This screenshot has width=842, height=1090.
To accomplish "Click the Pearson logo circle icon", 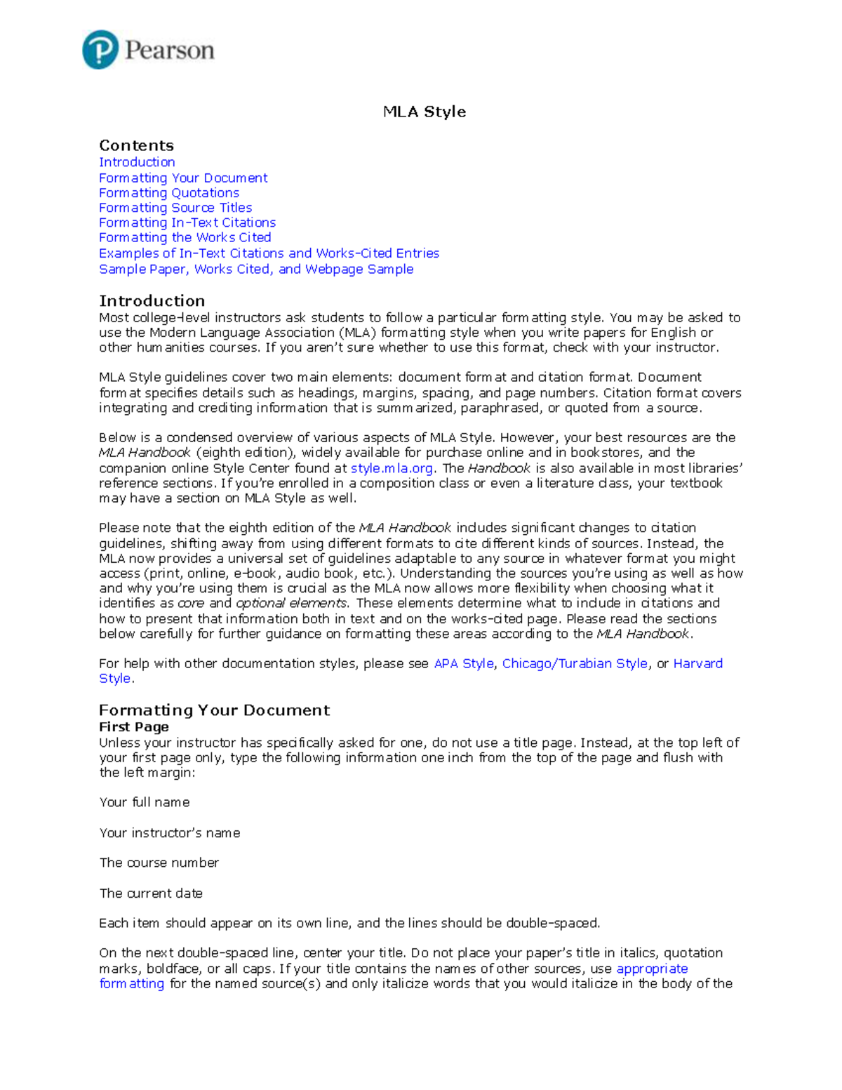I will point(100,50).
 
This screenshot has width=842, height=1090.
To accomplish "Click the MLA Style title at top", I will point(424,112).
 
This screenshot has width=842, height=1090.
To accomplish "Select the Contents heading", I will point(136,145).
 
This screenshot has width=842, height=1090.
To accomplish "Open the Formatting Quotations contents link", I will point(168,193).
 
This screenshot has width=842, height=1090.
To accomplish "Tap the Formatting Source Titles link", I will point(175,208).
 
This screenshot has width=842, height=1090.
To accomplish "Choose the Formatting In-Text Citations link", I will point(187,222).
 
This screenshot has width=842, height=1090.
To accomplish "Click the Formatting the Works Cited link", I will point(185,237).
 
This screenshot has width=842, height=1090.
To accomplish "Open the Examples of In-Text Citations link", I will point(269,253).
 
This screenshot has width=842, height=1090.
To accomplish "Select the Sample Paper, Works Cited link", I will point(255,269).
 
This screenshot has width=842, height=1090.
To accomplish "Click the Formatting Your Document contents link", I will point(182,178).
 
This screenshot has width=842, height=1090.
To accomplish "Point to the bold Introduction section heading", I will point(152,301).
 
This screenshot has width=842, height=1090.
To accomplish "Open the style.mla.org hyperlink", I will point(391,468).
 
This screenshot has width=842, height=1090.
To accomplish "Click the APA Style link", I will point(463,663).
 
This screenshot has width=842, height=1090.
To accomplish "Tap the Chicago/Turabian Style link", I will point(574,663).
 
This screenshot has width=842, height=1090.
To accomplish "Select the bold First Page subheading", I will point(133,727).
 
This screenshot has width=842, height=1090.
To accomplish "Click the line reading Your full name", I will point(144,802).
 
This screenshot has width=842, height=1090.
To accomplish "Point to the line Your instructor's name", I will point(169,833).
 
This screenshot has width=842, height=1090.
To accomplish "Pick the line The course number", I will point(159,863).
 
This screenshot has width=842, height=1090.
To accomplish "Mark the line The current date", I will point(150,893).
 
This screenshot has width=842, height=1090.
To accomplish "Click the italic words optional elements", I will point(290,603).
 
